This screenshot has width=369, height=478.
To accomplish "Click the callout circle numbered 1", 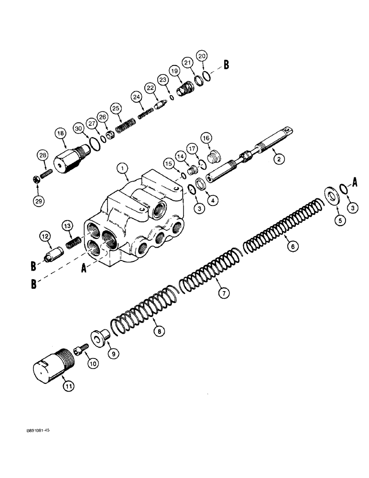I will (123, 168).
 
